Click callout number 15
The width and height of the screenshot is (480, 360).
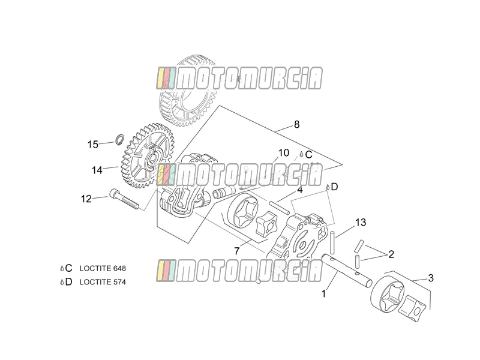pyautogui.click(x=93, y=144)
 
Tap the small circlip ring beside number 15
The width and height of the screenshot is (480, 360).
pyautogui.click(x=119, y=139)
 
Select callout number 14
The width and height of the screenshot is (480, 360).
pyautogui.click(x=97, y=170)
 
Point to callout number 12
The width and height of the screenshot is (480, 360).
pyautogui.click(x=86, y=199)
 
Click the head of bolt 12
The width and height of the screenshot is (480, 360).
pyautogui.click(x=114, y=193)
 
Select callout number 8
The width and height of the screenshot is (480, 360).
pyautogui.click(x=296, y=125)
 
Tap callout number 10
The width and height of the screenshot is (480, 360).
pyautogui.click(x=283, y=153)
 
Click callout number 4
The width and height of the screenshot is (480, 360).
pyautogui.click(x=299, y=190)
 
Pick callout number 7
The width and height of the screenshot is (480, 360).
pyautogui.click(x=236, y=251)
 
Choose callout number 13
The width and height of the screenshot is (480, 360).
pyautogui.click(x=361, y=222)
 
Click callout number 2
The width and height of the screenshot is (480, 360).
pyautogui.click(x=391, y=254)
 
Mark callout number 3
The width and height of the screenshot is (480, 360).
pyautogui.click(x=431, y=278)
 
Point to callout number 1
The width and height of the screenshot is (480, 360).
pyautogui.click(x=323, y=294)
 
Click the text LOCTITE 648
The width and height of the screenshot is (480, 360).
pyautogui.click(x=103, y=268)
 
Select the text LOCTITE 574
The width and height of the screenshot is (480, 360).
pyautogui.click(x=103, y=282)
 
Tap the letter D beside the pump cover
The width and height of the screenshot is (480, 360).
pyautogui.click(x=334, y=187)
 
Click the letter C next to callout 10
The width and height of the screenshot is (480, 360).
pyautogui.click(x=308, y=155)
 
